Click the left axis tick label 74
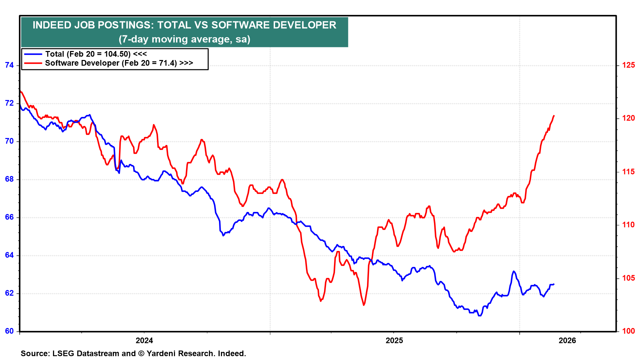tap(9, 65)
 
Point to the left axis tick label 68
tap(9, 179)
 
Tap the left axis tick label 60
tap(9, 331)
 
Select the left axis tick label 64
tap(9, 255)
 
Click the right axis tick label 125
tap(628, 65)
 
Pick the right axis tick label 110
tap(628, 225)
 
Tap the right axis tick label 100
tap(628, 331)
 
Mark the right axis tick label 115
tap(628, 172)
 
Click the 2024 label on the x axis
tap(144, 341)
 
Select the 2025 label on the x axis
tap(394, 341)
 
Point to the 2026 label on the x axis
tap(567, 341)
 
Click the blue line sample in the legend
tap(33, 54)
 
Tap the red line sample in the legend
tap(33, 63)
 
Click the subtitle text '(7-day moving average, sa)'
tap(184, 39)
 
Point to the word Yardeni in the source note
tap(161, 354)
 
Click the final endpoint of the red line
tap(554, 116)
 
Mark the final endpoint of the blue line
tap(554, 284)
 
